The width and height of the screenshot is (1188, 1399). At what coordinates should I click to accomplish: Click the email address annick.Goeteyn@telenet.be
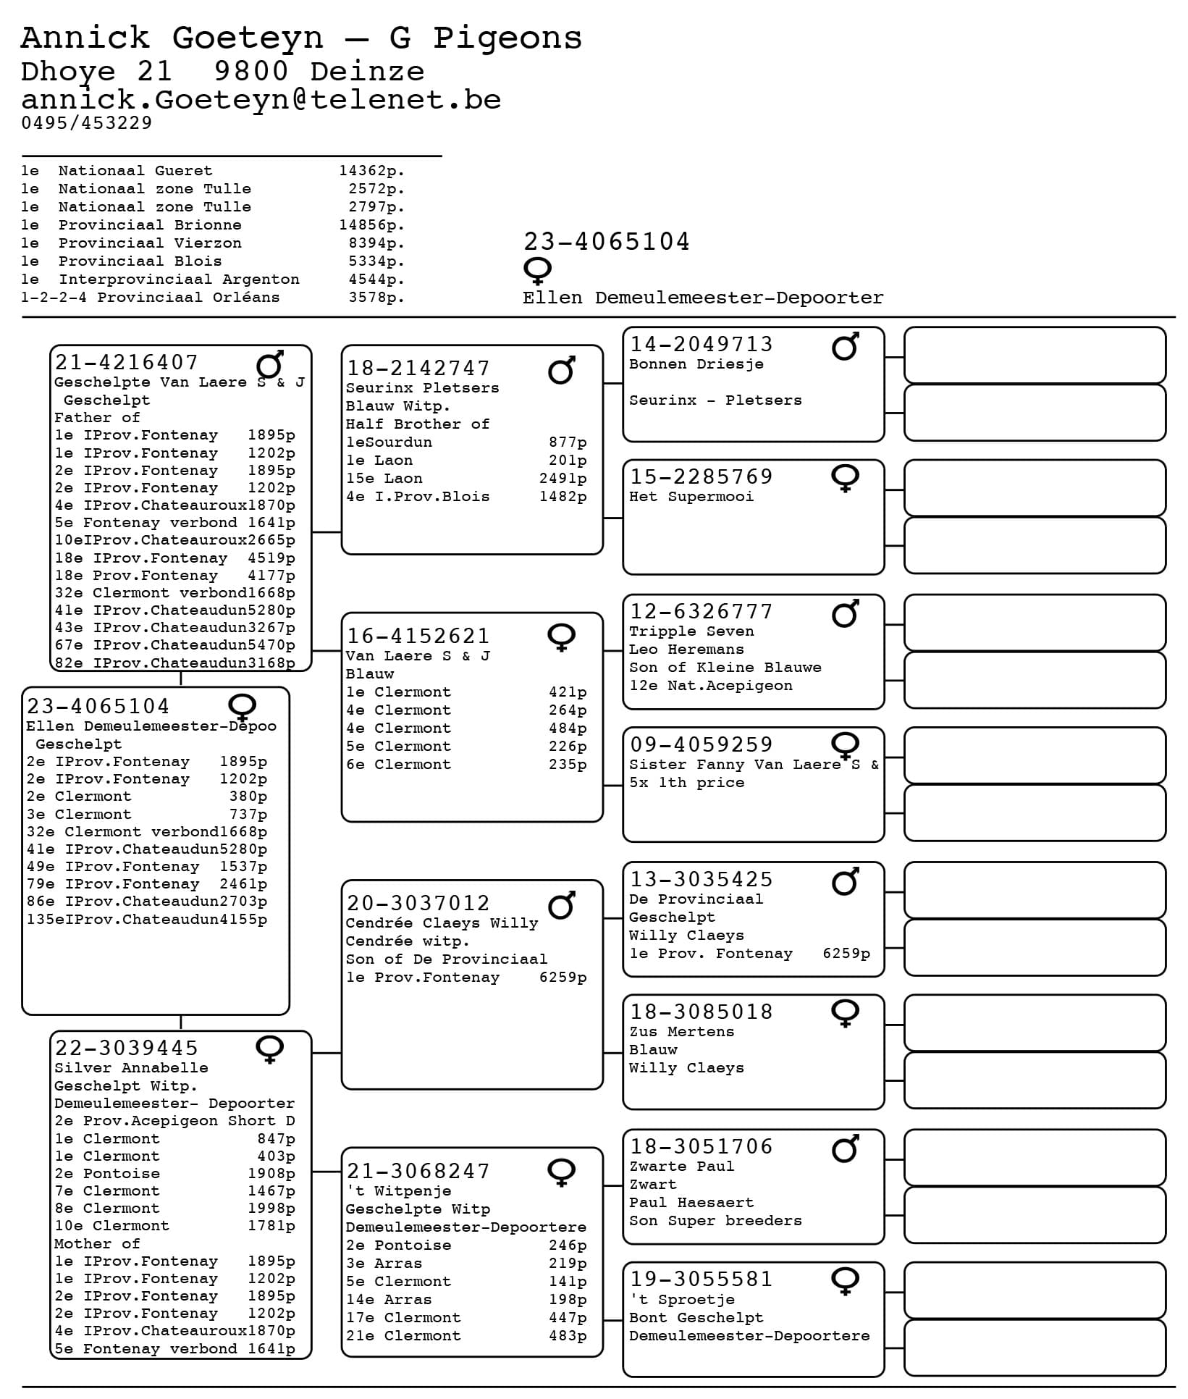[x=261, y=100]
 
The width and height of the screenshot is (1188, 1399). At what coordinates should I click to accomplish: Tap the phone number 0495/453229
[x=87, y=123]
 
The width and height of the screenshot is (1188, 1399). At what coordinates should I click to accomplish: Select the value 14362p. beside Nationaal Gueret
[x=371, y=171]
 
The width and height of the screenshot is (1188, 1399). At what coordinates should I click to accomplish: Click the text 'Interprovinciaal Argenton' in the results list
[x=179, y=280]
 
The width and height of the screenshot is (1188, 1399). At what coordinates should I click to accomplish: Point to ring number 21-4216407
[x=127, y=362]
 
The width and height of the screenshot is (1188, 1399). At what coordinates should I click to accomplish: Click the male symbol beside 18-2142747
[x=562, y=370]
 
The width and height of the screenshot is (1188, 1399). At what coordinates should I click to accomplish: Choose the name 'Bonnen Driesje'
[x=696, y=364]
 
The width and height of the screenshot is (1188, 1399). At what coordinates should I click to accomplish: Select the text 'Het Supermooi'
[x=691, y=497]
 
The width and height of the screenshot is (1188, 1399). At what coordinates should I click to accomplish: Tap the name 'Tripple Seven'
[x=691, y=631]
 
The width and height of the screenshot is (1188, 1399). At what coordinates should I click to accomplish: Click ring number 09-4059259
[x=701, y=744]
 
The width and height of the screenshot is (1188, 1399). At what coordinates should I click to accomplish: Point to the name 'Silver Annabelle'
[x=131, y=1068]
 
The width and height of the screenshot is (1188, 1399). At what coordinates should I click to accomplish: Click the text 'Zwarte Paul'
[x=681, y=1167]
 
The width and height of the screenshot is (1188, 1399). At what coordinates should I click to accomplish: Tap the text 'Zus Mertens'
[x=681, y=1032]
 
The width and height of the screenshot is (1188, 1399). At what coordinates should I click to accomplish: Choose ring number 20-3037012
[x=418, y=903]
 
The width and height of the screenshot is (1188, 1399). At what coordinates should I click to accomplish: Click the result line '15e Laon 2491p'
[x=465, y=479]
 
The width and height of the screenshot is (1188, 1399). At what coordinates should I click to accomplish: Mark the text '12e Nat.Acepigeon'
[x=710, y=686]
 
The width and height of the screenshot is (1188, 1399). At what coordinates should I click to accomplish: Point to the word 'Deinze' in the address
[x=367, y=72]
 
